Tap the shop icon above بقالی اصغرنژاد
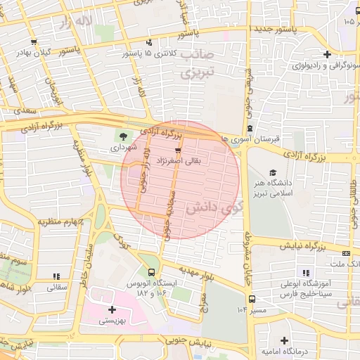[178, 150]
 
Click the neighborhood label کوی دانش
[209, 208]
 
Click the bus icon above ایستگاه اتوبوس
[151, 272]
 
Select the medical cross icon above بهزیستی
[112, 309]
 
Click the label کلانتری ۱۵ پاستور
[150, 53]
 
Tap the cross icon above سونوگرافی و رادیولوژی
[326, 54]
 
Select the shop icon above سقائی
[56, 276]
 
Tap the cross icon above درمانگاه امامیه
[283, 340]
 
